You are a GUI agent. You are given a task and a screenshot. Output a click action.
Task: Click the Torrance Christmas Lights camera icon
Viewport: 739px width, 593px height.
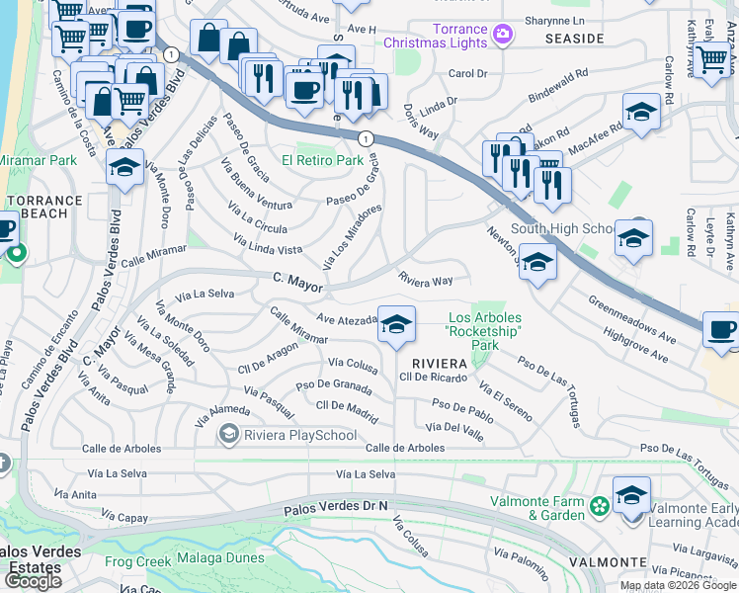503,35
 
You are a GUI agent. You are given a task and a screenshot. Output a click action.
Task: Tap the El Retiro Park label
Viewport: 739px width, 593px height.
322,160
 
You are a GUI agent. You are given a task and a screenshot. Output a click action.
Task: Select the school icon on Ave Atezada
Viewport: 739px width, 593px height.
396,324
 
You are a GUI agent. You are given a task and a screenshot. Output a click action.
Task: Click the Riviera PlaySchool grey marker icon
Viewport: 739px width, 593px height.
229,433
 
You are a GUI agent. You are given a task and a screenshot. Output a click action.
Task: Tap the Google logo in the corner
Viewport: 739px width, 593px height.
33,580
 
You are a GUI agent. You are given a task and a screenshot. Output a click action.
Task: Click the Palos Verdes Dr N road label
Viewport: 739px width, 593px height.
337,507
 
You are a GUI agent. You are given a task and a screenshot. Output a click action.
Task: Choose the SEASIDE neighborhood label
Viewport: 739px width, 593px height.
574,38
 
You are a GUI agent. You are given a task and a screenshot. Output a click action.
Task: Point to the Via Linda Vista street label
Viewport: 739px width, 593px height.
268,244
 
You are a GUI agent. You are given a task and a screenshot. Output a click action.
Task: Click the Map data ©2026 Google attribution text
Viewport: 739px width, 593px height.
677,585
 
